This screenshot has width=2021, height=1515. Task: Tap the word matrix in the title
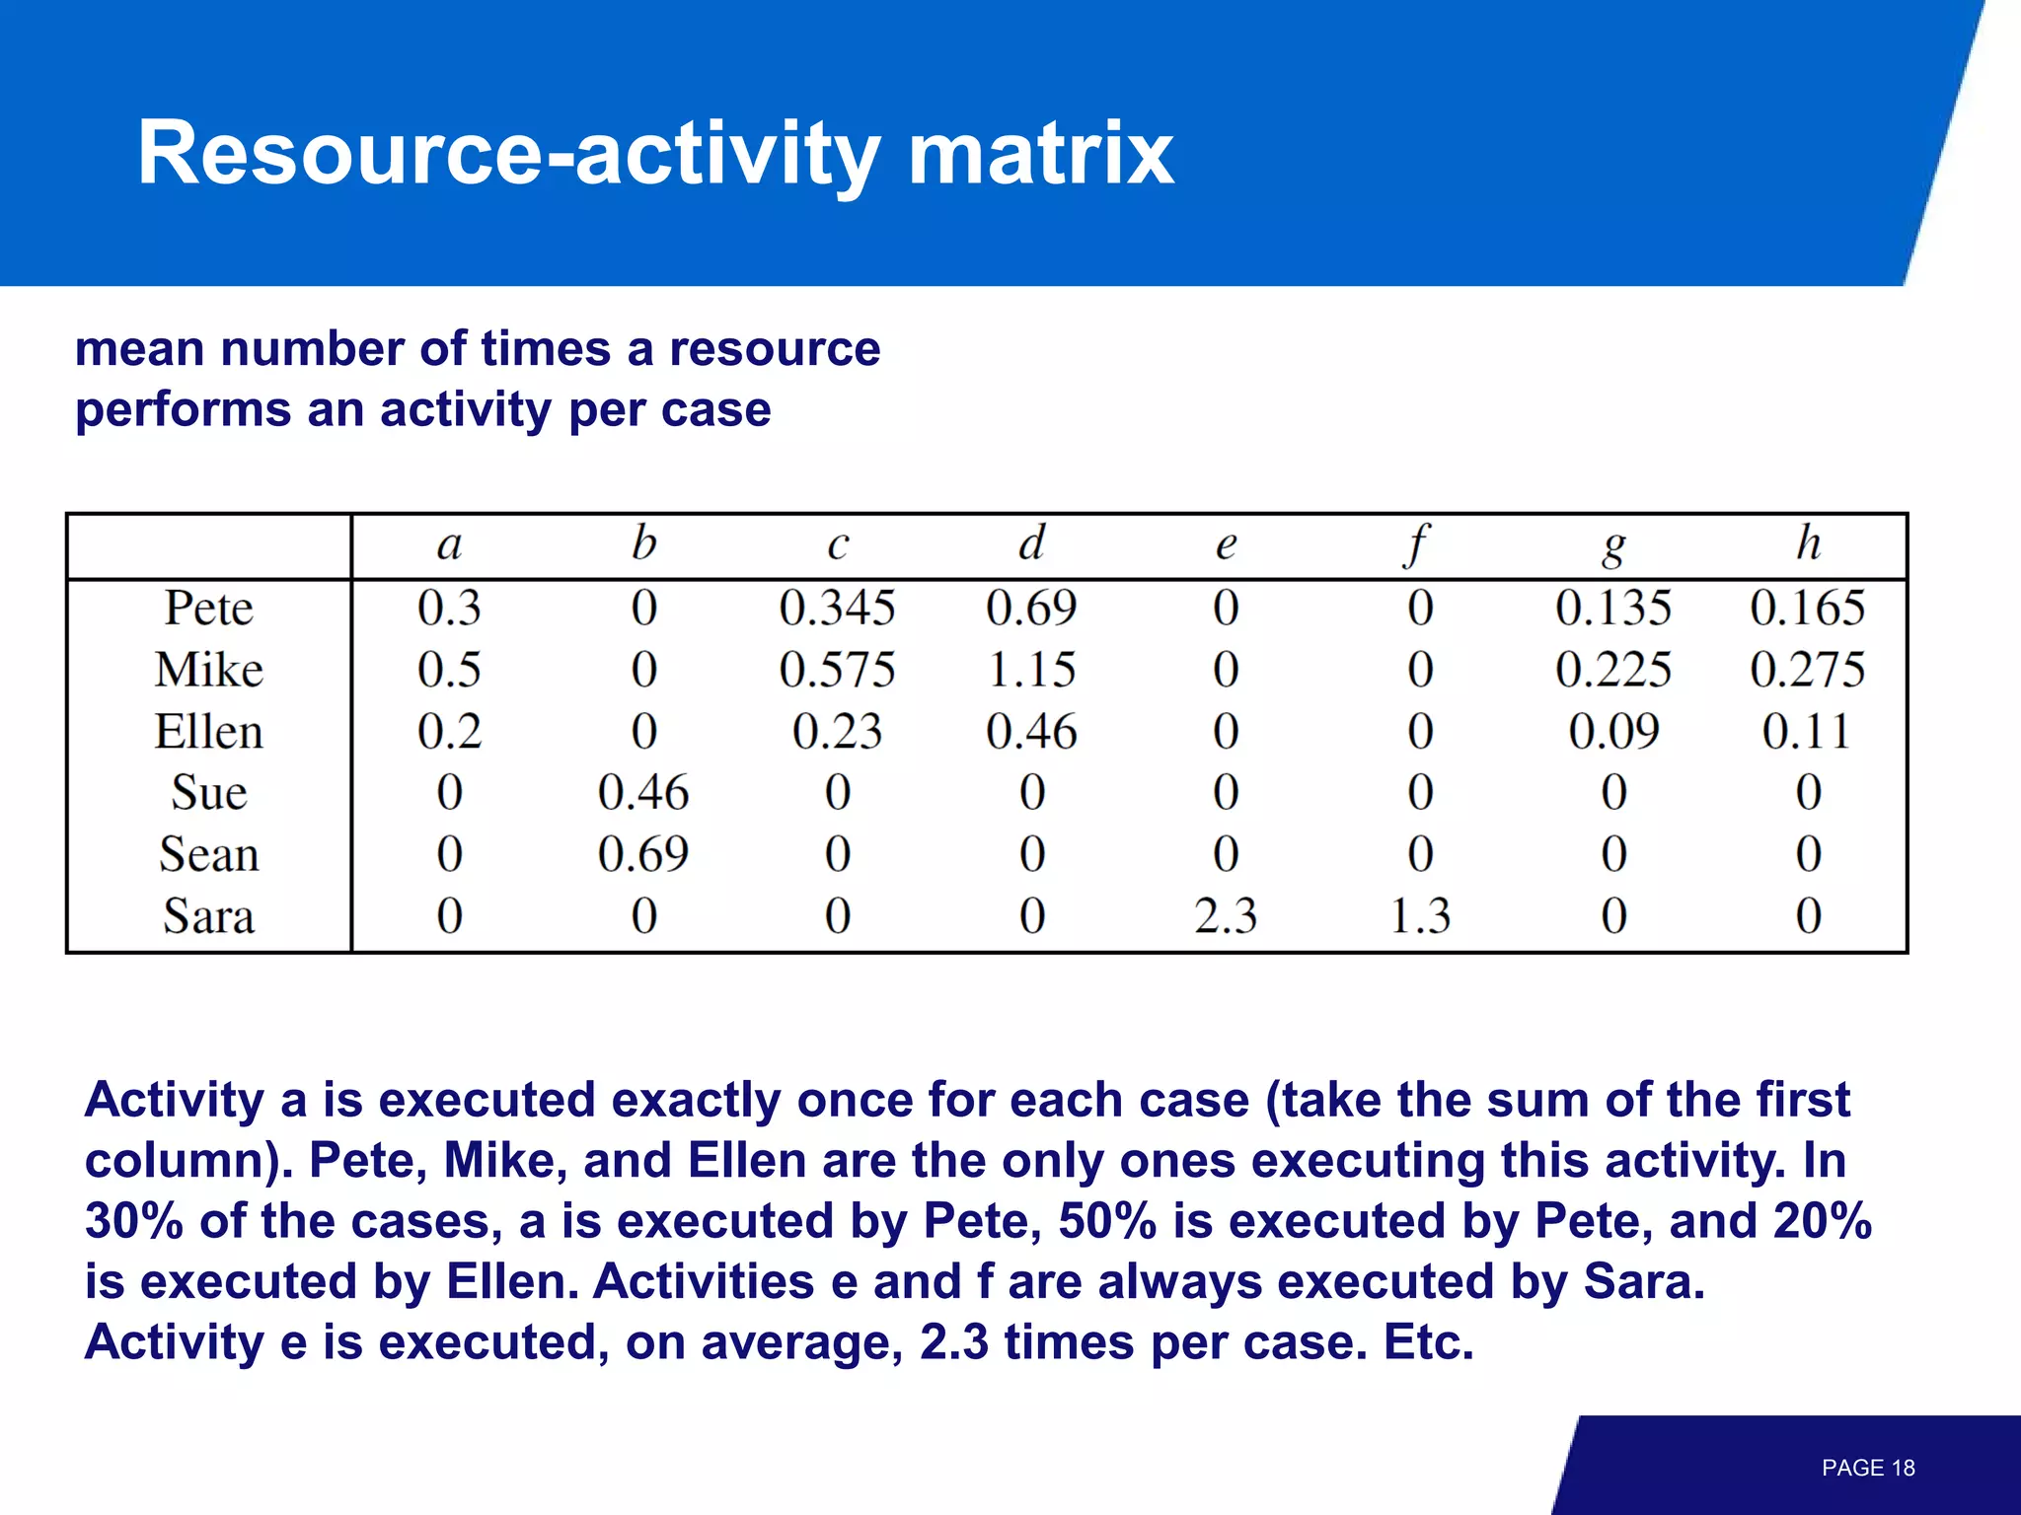pyautogui.click(x=1040, y=154)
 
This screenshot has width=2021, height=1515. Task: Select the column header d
pyautogui.click(x=1031, y=543)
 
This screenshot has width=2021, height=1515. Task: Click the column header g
pyautogui.click(x=1613, y=545)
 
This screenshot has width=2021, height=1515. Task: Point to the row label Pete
pyautogui.click(x=208, y=608)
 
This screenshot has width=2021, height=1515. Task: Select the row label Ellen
pyautogui.click(x=208, y=732)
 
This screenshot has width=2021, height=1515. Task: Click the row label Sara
pyautogui.click(x=208, y=916)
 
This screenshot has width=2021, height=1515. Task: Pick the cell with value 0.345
pyautogui.click(x=837, y=608)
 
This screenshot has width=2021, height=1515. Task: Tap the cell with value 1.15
pyautogui.click(x=1031, y=670)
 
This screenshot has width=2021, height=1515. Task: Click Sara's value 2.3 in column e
pyautogui.click(x=1226, y=916)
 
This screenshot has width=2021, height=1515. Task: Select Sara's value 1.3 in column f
pyautogui.click(x=1420, y=916)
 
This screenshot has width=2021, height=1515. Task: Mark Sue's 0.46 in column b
pyautogui.click(x=642, y=793)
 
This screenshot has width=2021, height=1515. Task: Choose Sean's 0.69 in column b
pyautogui.click(x=642, y=854)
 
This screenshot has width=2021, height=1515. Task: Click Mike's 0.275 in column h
pyautogui.click(x=1807, y=670)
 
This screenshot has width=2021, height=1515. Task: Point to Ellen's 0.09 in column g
pyautogui.click(x=1613, y=732)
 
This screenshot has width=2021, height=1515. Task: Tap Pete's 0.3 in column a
pyautogui.click(x=449, y=608)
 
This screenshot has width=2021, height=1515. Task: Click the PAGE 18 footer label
pyautogui.click(x=1867, y=1468)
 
